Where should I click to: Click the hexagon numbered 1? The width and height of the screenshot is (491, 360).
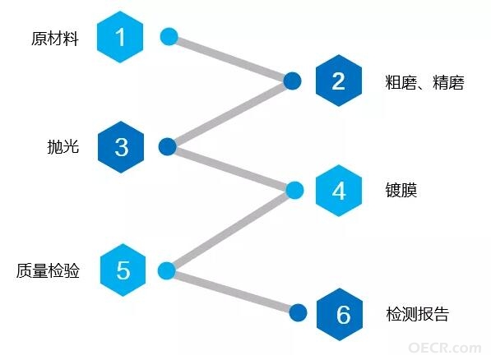pyautogui.click(x=120, y=37)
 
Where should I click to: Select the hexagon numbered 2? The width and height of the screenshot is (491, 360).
pyautogui.click(x=339, y=81)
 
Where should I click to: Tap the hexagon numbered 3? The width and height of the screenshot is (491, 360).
pyautogui.click(x=121, y=147)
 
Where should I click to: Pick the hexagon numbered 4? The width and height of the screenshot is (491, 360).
pyautogui.click(x=339, y=191)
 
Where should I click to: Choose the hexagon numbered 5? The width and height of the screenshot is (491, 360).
pyautogui.click(x=123, y=270)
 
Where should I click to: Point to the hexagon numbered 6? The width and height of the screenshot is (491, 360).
pyautogui.click(x=340, y=314)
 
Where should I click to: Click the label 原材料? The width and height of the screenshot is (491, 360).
pyautogui.click(x=55, y=39)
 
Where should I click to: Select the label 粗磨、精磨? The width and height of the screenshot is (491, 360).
pyautogui.click(x=424, y=83)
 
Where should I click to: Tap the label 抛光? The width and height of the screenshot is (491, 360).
pyautogui.click(x=63, y=146)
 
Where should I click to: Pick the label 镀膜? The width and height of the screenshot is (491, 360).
pyautogui.click(x=401, y=190)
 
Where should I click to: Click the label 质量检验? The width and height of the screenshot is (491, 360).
pyautogui.click(x=48, y=270)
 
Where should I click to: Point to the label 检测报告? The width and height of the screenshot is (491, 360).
pyautogui.click(x=418, y=314)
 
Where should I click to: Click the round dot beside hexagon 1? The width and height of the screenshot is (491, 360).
pyautogui.click(x=169, y=37)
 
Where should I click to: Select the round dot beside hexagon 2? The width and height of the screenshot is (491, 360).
pyautogui.click(x=292, y=81)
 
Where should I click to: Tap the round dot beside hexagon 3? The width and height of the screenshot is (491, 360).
pyautogui.click(x=168, y=146)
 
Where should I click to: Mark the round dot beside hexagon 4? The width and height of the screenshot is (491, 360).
pyautogui.click(x=294, y=190)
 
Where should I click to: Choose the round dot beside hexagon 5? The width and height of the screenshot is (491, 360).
pyautogui.click(x=167, y=270)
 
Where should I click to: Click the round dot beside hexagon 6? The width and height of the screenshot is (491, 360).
pyautogui.click(x=298, y=312)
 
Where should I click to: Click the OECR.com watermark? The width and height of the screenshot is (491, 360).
pyautogui.click(x=445, y=348)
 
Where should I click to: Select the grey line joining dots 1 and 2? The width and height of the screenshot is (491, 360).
pyautogui.click(x=231, y=59)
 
